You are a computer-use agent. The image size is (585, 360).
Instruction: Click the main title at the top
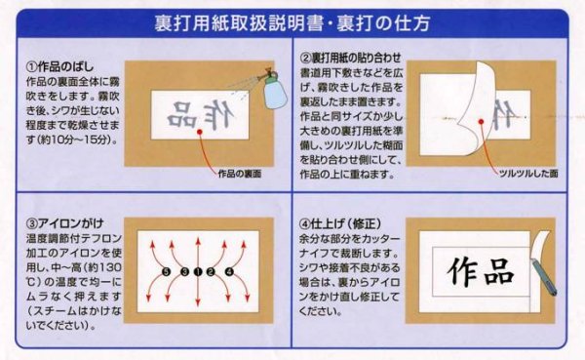292,20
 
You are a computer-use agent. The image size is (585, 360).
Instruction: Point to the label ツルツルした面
528,172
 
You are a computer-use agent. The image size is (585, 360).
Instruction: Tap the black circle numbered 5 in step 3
167,271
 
